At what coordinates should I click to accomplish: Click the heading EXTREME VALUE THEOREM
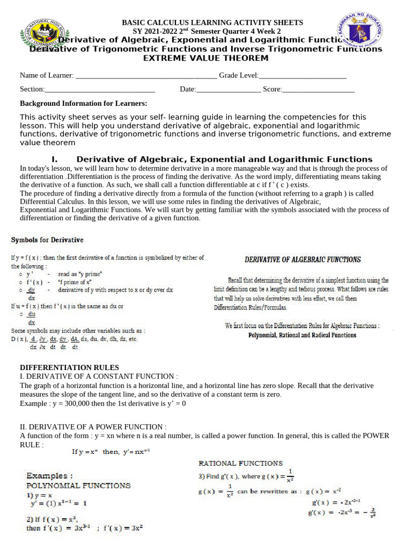(x=205, y=58)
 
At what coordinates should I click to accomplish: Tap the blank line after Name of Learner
(x=146, y=76)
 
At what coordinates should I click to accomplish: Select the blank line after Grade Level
(x=303, y=76)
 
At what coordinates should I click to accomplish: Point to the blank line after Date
(x=229, y=89)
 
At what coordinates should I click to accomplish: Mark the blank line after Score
(x=318, y=89)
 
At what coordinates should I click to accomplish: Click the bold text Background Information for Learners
(x=83, y=103)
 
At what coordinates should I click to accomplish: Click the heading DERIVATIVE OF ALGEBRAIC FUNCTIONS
(x=303, y=259)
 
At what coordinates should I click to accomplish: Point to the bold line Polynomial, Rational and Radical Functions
(x=302, y=335)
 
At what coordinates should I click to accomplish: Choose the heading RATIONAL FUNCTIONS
(x=240, y=462)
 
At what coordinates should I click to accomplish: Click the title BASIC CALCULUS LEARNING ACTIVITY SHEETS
(x=212, y=23)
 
